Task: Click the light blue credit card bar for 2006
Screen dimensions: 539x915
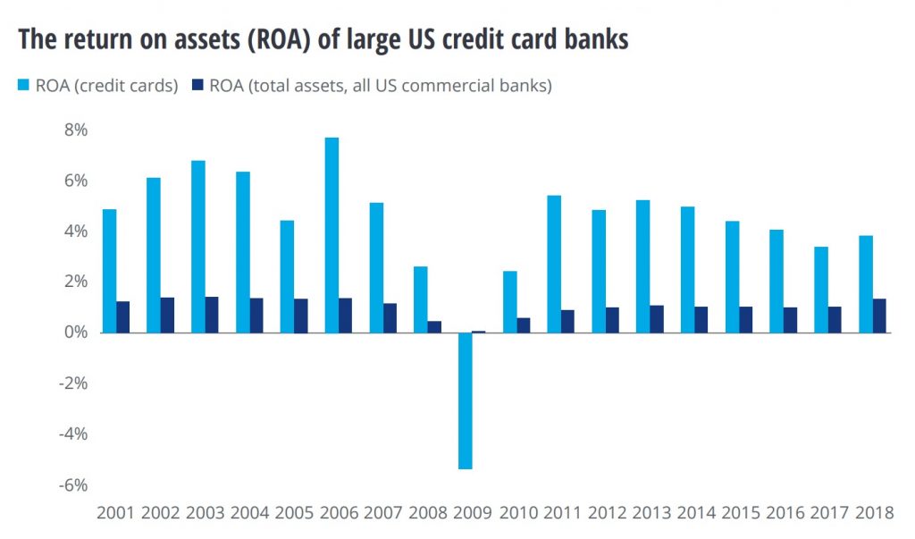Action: [332, 235]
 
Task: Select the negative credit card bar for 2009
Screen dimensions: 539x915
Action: [466, 400]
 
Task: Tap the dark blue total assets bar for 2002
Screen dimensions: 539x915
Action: [167, 316]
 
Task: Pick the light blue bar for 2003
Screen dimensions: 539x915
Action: [198, 247]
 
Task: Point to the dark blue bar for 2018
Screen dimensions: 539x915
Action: [879, 316]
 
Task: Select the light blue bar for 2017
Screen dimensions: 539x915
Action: [821, 290]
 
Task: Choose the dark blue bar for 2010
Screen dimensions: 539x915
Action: [524, 325]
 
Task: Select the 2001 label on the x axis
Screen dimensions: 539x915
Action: [116, 513]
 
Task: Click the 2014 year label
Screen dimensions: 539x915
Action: [695, 513]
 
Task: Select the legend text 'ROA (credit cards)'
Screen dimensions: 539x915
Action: [107, 86]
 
